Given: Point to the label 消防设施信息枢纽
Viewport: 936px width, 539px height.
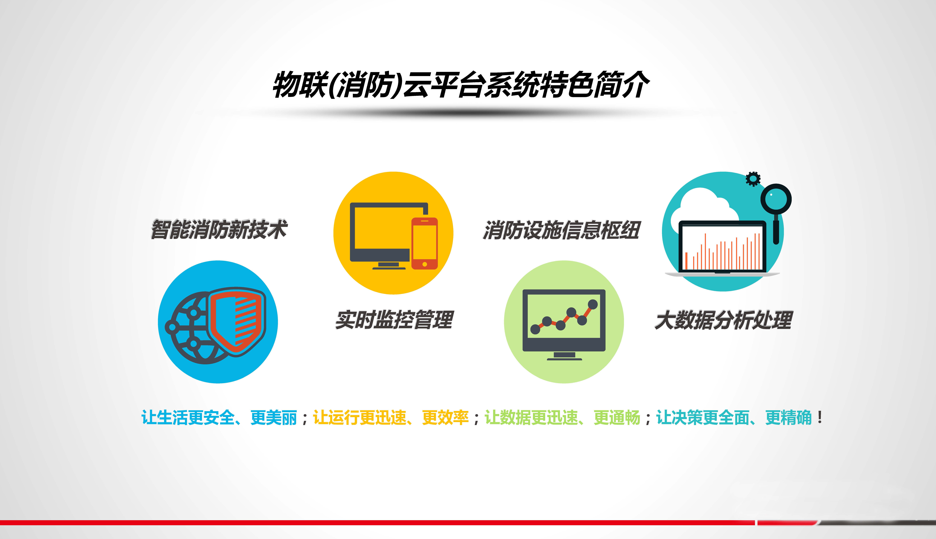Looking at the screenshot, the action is tap(561, 230).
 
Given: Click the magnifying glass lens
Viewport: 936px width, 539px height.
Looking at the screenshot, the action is tap(776, 199).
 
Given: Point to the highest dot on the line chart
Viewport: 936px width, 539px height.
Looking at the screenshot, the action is tap(593, 304).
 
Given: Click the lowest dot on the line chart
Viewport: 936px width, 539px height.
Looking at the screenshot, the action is tap(535, 329).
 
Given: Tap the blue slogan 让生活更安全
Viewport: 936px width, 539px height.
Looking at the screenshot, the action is tap(188, 418).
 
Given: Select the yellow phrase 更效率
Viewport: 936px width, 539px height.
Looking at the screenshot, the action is tap(445, 418).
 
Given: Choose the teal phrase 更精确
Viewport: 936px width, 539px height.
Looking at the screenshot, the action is tap(788, 418).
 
